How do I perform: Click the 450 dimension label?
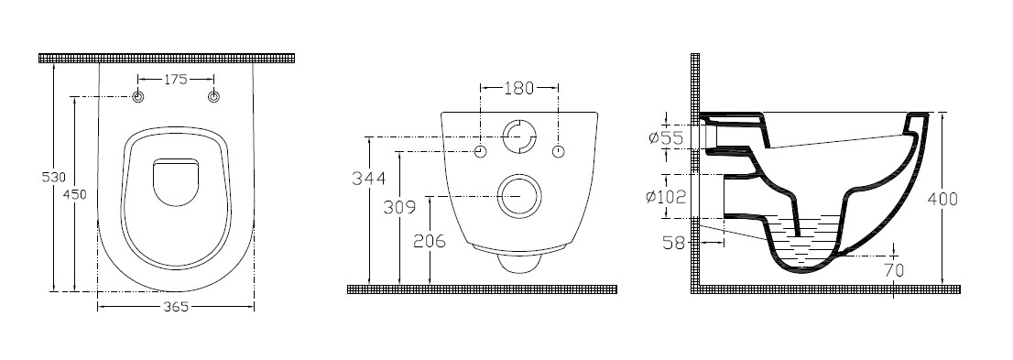76,194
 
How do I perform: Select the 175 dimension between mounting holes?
175,79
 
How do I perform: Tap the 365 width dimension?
175,308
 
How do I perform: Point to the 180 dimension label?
518,89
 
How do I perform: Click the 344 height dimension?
368,178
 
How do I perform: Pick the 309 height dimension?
398,207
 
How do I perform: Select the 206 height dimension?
429,241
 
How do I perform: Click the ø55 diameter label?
665,137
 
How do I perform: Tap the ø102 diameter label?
666,196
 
